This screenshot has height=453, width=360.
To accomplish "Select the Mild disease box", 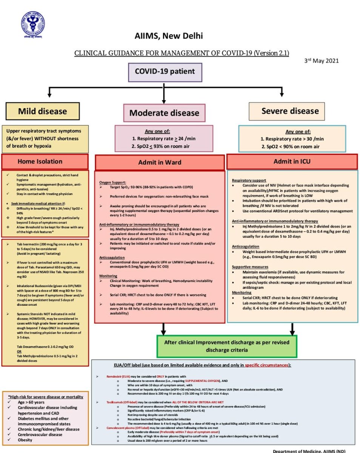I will tap(42, 111).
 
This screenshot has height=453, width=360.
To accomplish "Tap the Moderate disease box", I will tap(164, 112).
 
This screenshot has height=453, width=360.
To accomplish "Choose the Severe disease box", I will tap(290, 111).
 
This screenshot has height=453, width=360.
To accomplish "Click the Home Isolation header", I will tap(45, 161).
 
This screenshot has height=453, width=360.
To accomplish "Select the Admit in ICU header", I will tap(292, 161).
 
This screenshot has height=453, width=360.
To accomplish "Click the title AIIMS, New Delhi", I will tap(169, 36).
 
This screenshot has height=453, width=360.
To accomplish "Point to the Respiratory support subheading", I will tap(249, 180).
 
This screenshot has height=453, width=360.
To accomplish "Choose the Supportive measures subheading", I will tap(250, 267).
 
